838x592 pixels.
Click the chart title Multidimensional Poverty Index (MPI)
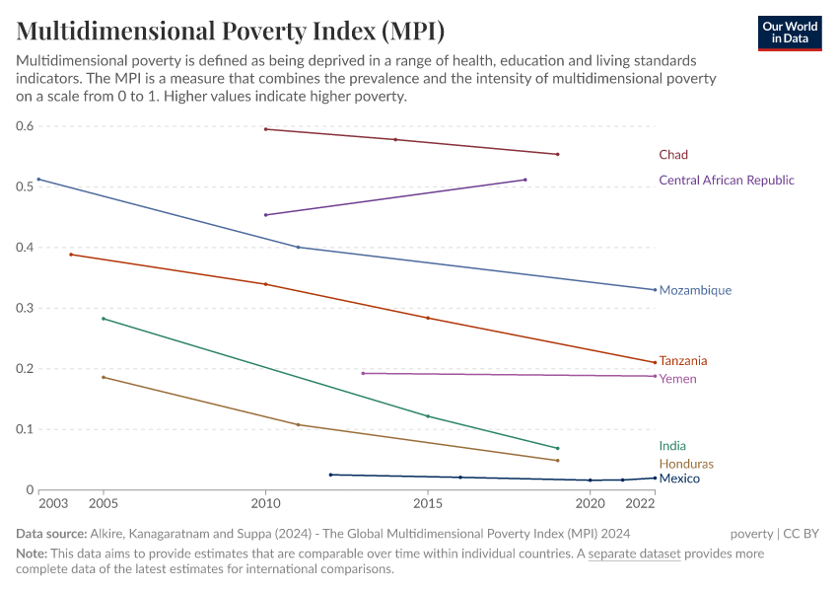coord(216,30)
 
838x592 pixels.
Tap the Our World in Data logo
coord(790,33)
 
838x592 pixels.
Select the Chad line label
coord(673,155)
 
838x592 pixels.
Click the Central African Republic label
coord(726,181)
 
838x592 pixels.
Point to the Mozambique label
coord(695,291)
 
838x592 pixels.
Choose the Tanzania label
coord(683,361)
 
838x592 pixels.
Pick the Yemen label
coord(677,379)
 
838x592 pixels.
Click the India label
coord(672,446)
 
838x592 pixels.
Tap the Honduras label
coord(686,464)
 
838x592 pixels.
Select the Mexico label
coord(679,479)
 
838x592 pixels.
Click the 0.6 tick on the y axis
coord(25,126)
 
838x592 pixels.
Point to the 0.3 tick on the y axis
coord(25,308)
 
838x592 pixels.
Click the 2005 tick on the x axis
coord(104,503)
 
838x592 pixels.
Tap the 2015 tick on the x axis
coord(428,503)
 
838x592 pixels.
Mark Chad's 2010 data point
coord(266,129)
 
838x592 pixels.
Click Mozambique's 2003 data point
coord(38,180)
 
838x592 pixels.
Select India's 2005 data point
coord(104,319)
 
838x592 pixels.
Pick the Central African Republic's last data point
coord(524,180)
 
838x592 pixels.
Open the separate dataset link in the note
coord(634,554)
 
